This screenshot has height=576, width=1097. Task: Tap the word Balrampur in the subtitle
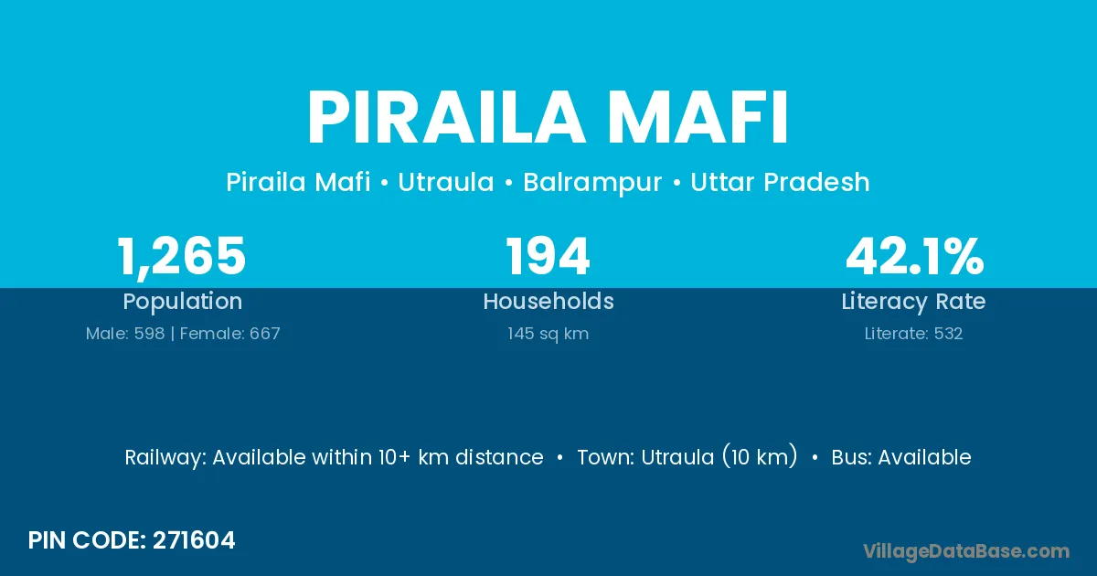point(592,183)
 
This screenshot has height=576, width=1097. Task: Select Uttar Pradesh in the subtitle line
point(780,182)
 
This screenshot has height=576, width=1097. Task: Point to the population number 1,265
point(182,257)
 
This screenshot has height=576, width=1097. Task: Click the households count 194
point(548,256)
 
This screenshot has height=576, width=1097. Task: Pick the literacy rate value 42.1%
point(914,256)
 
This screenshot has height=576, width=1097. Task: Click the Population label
point(183,302)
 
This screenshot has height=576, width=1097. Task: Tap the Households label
point(548,301)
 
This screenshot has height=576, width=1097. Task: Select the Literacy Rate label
point(913,302)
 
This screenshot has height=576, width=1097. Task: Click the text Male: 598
point(125,334)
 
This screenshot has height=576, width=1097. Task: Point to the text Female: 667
point(230,334)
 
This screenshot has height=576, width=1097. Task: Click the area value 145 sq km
point(548,334)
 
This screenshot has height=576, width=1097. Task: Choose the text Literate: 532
point(913,334)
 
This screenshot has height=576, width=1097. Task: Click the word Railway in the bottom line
point(165,458)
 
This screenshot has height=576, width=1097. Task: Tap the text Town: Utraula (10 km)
point(687,457)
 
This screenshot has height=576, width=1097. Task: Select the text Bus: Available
point(901,457)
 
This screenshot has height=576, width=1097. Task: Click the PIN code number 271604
point(194,540)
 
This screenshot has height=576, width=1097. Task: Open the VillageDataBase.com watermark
point(966,551)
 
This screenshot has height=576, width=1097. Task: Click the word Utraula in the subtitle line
point(446,182)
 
